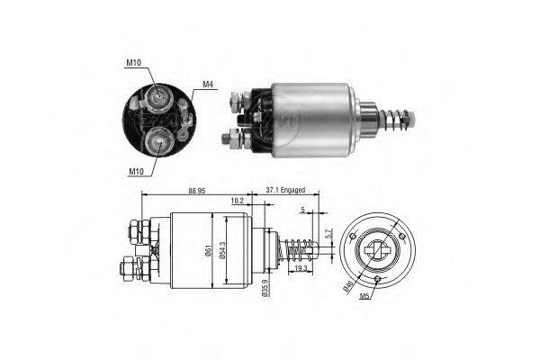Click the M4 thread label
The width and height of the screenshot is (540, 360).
pos(207,85)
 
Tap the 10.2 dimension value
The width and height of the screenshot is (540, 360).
pos(237,202)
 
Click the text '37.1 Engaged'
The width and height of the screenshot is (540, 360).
pos(287,191)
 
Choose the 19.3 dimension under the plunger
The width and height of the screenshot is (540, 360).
pos(299,268)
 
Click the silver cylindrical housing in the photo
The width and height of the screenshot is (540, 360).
pos(310,118)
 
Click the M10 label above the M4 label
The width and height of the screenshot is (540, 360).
pos(133,64)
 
